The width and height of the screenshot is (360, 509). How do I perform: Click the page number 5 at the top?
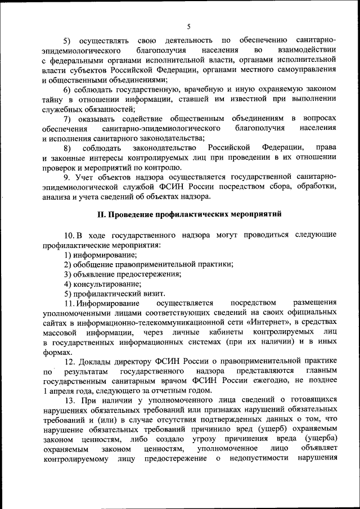point(190,26)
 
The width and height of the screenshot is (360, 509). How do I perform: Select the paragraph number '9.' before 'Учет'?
point(67,177)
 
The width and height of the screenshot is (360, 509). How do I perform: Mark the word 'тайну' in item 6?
point(53,99)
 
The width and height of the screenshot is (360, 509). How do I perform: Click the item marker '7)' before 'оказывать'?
point(67,119)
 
